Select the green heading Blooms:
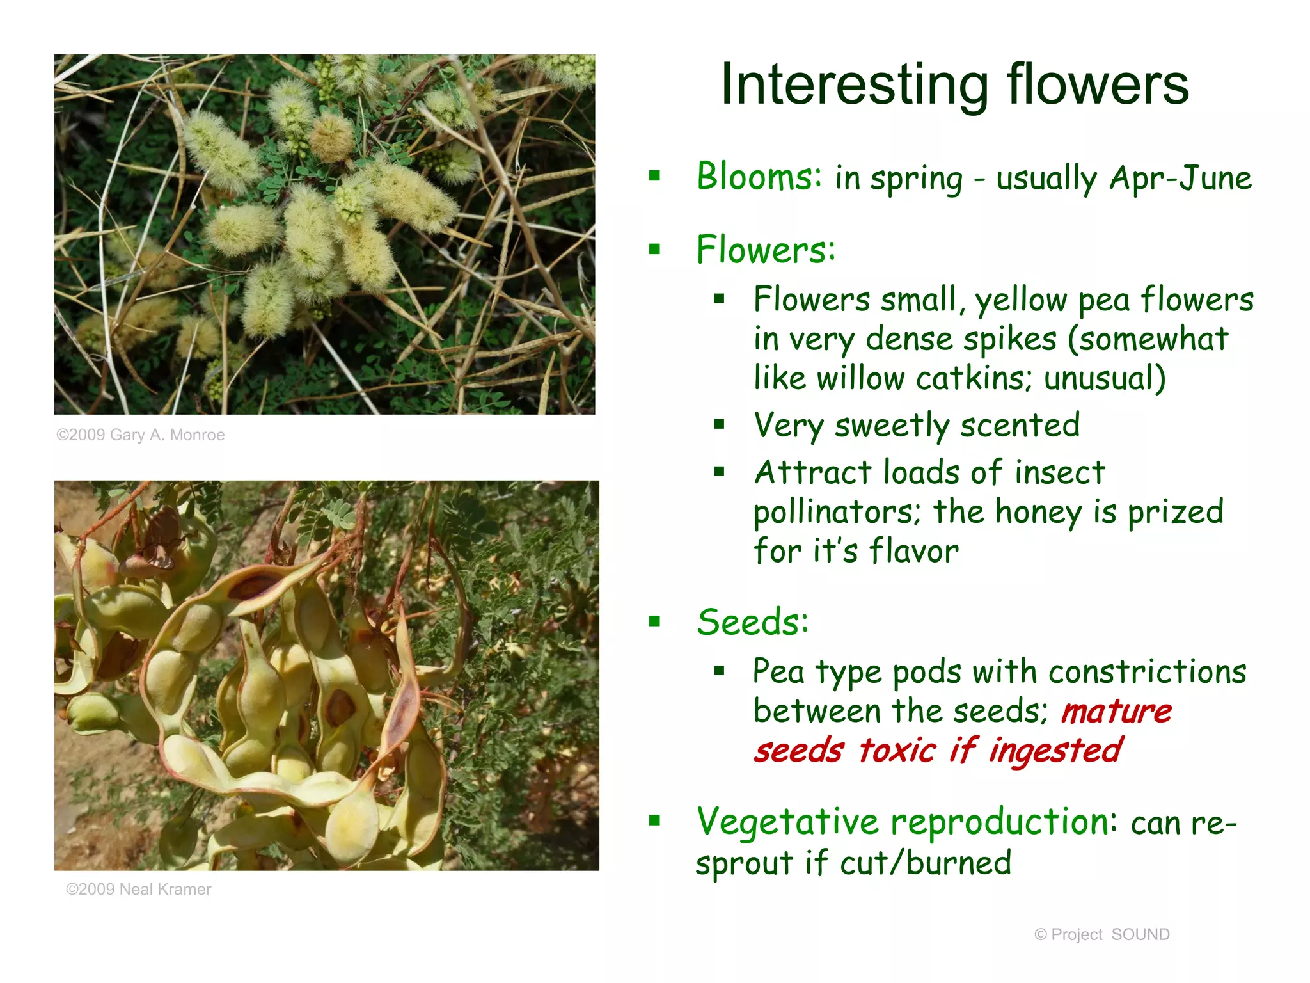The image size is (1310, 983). tap(759, 177)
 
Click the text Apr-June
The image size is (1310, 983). tap(1180, 178)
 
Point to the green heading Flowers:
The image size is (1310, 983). tap(766, 250)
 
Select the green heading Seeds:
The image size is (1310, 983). tap(752, 622)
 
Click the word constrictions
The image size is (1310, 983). tap(1147, 672)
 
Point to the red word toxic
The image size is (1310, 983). tap(897, 751)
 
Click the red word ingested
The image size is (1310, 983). tap(1055, 751)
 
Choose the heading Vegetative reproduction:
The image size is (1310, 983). tap(906, 822)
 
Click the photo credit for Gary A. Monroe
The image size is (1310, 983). tap(141, 435)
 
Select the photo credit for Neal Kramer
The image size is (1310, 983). tap(138, 890)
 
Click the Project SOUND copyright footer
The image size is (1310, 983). tap(1101, 935)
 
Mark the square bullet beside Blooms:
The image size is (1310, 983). tap(654, 176)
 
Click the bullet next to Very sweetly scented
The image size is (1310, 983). tap(720, 424)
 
